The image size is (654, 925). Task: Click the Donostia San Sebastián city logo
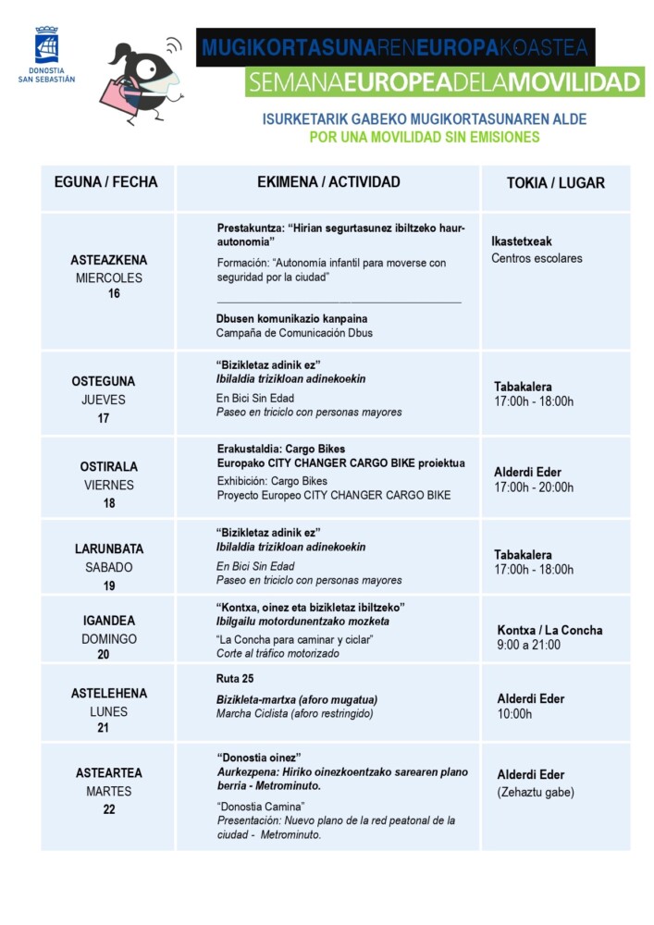[46, 55]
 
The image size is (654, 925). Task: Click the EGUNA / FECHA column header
[108, 182]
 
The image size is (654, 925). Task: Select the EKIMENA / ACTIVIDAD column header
[328, 182]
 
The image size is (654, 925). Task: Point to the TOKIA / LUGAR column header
[555, 183]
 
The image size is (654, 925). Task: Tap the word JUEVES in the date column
[104, 400]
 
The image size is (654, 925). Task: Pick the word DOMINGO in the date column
[109, 639]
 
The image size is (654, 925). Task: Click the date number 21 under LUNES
[104, 728]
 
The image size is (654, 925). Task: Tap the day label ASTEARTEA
[109, 772]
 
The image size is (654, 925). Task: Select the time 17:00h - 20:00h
[534, 487]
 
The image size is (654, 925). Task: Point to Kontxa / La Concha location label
[549, 630]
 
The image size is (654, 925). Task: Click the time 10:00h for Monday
[514, 714]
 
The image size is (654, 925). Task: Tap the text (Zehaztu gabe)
[536, 792]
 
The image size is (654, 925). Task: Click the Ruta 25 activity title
[235, 679]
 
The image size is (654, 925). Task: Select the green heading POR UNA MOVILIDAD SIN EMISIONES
[424, 137]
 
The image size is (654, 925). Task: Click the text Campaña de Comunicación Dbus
[294, 333]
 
